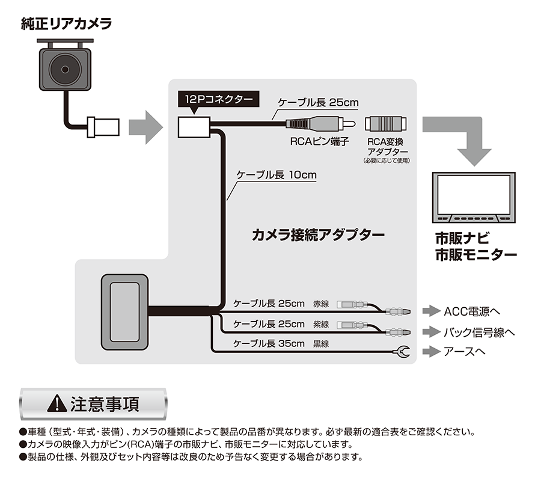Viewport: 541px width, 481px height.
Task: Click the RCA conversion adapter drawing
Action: [x=387, y=124]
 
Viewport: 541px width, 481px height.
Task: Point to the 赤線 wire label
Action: [x=321, y=304]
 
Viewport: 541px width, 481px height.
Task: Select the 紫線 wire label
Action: [x=321, y=324]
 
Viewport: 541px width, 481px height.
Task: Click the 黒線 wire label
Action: [x=321, y=344]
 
